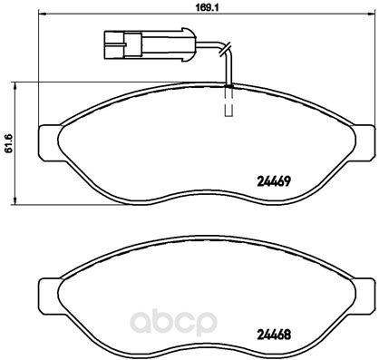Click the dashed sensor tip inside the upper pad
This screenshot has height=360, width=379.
228,103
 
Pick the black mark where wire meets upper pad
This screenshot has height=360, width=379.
228,85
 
